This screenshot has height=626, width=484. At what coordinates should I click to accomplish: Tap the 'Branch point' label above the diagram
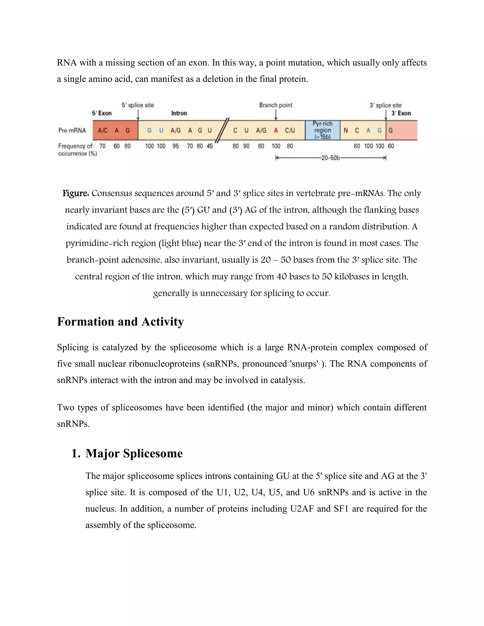276,105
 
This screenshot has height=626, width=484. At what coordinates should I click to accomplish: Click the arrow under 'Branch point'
276,115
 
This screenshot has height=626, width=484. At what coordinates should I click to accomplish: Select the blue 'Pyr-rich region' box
323,130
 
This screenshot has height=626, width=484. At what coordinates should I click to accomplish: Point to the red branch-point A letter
276,131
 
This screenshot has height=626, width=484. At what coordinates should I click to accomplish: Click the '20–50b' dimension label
330,158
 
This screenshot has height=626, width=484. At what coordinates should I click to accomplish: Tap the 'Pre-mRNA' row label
72,130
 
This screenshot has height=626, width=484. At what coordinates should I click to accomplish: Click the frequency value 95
176,146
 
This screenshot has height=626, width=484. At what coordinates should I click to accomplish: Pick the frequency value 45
210,146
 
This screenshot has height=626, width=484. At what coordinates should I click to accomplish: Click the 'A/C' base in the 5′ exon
103,131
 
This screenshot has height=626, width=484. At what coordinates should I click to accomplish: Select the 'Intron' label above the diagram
179,113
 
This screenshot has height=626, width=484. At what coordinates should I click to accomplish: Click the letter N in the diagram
346,131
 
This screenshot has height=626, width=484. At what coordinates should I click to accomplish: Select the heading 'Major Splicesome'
134,454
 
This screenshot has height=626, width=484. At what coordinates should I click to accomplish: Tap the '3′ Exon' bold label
401,113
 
